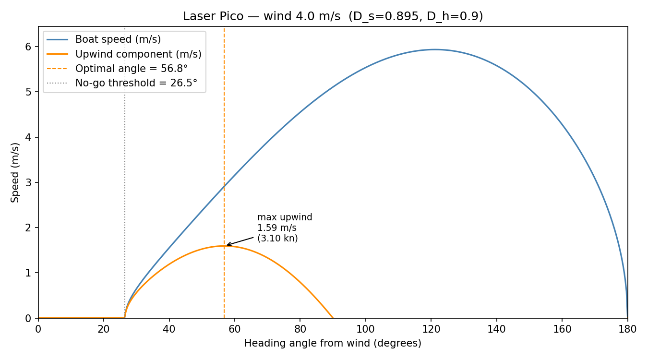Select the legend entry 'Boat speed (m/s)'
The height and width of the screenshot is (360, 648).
tap(118, 40)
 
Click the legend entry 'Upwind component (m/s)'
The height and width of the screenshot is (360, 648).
tap(138, 54)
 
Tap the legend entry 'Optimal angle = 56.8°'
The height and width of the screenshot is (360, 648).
tap(131, 69)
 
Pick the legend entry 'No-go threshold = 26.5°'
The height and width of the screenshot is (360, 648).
tap(136, 83)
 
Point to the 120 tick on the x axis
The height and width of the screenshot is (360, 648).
tap(431, 319)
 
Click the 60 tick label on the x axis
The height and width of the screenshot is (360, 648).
tap(235, 329)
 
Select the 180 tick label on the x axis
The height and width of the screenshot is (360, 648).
tap(627, 329)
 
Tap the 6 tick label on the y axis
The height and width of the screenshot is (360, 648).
tap(28, 47)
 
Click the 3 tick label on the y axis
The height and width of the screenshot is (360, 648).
tap(28, 182)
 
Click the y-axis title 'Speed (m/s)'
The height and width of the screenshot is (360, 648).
tap(15, 172)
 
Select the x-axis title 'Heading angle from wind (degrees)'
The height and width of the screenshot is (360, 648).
tap(333, 344)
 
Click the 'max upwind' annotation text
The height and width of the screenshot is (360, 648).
tap(285, 217)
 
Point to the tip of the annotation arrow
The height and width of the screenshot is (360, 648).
tap(227, 245)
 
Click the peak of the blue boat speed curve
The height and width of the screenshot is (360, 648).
tap(434, 49)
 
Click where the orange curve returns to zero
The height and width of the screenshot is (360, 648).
tap(333, 318)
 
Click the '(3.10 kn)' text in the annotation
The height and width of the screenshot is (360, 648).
tap(277, 239)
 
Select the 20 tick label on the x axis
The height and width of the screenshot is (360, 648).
tap(104, 329)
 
